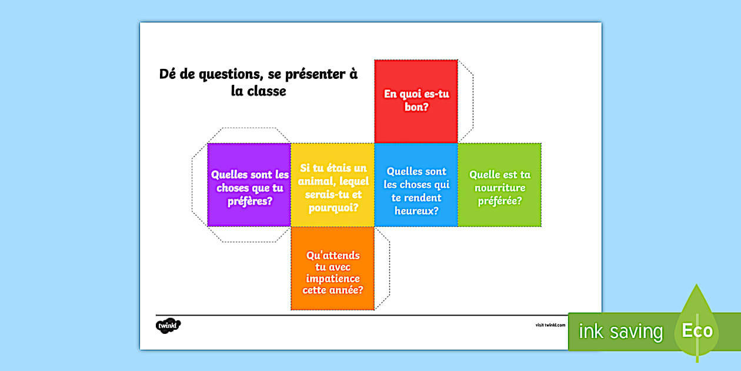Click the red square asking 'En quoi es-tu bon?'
click(x=416, y=101)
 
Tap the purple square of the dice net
click(x=249, y=185)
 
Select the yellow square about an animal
click(x=332, y=185)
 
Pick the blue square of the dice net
click(x=416, y=185)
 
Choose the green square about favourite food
click(x=499, y=185)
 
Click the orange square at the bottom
click(x=332, y=269)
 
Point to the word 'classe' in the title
click(x=267, y=91)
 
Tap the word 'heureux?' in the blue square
click(x=416, y=211)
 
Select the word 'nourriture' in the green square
click(x=500, y=188)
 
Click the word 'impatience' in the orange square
click(x=333, y=279)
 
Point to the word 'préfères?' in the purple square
click(x=250, y=201)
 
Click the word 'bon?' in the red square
click(x=416, y=107)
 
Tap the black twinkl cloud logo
click(x=168, y=326)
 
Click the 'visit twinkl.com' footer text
click(x=550, y=325)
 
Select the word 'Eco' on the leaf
click(x=697, y=330)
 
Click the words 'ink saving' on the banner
click(x=621, y=331)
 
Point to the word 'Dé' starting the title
click(x=167, y=74)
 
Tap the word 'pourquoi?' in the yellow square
click(x=333, y=208)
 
